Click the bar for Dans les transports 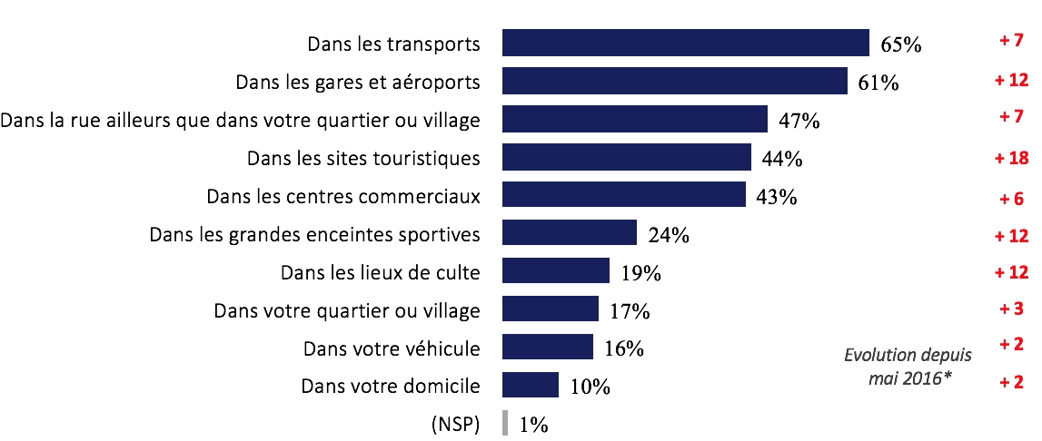(x=686, y=43)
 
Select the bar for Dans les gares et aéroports (x=674, y=81)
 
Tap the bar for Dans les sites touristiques (x=626, y=157)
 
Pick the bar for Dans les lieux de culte (x=555, y=270)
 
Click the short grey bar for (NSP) (x=504, y=423)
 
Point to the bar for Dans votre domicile (x=530, y=385)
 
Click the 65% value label (x=900, y=45)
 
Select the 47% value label (x=799, y=122)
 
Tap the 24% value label (x=669, y=236)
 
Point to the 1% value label (x=533, y=425)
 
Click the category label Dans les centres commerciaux (x=343, y=196)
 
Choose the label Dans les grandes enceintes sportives (x=314, y=234)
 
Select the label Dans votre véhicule (x=392, y=348)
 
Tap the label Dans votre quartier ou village (x=346, y=310)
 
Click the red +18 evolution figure (x=1010, y=156)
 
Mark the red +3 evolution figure (x=1011, y=309)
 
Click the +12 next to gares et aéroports (x=1010, y=80)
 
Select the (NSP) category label (x=456, y=424)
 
